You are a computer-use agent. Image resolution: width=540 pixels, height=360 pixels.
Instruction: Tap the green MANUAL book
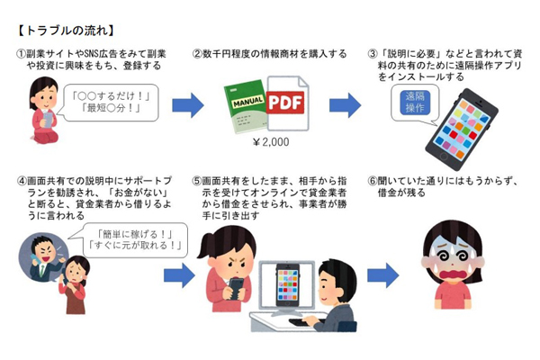coord(247,112)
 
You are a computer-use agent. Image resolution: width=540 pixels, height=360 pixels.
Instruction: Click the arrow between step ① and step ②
coord(187,105)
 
